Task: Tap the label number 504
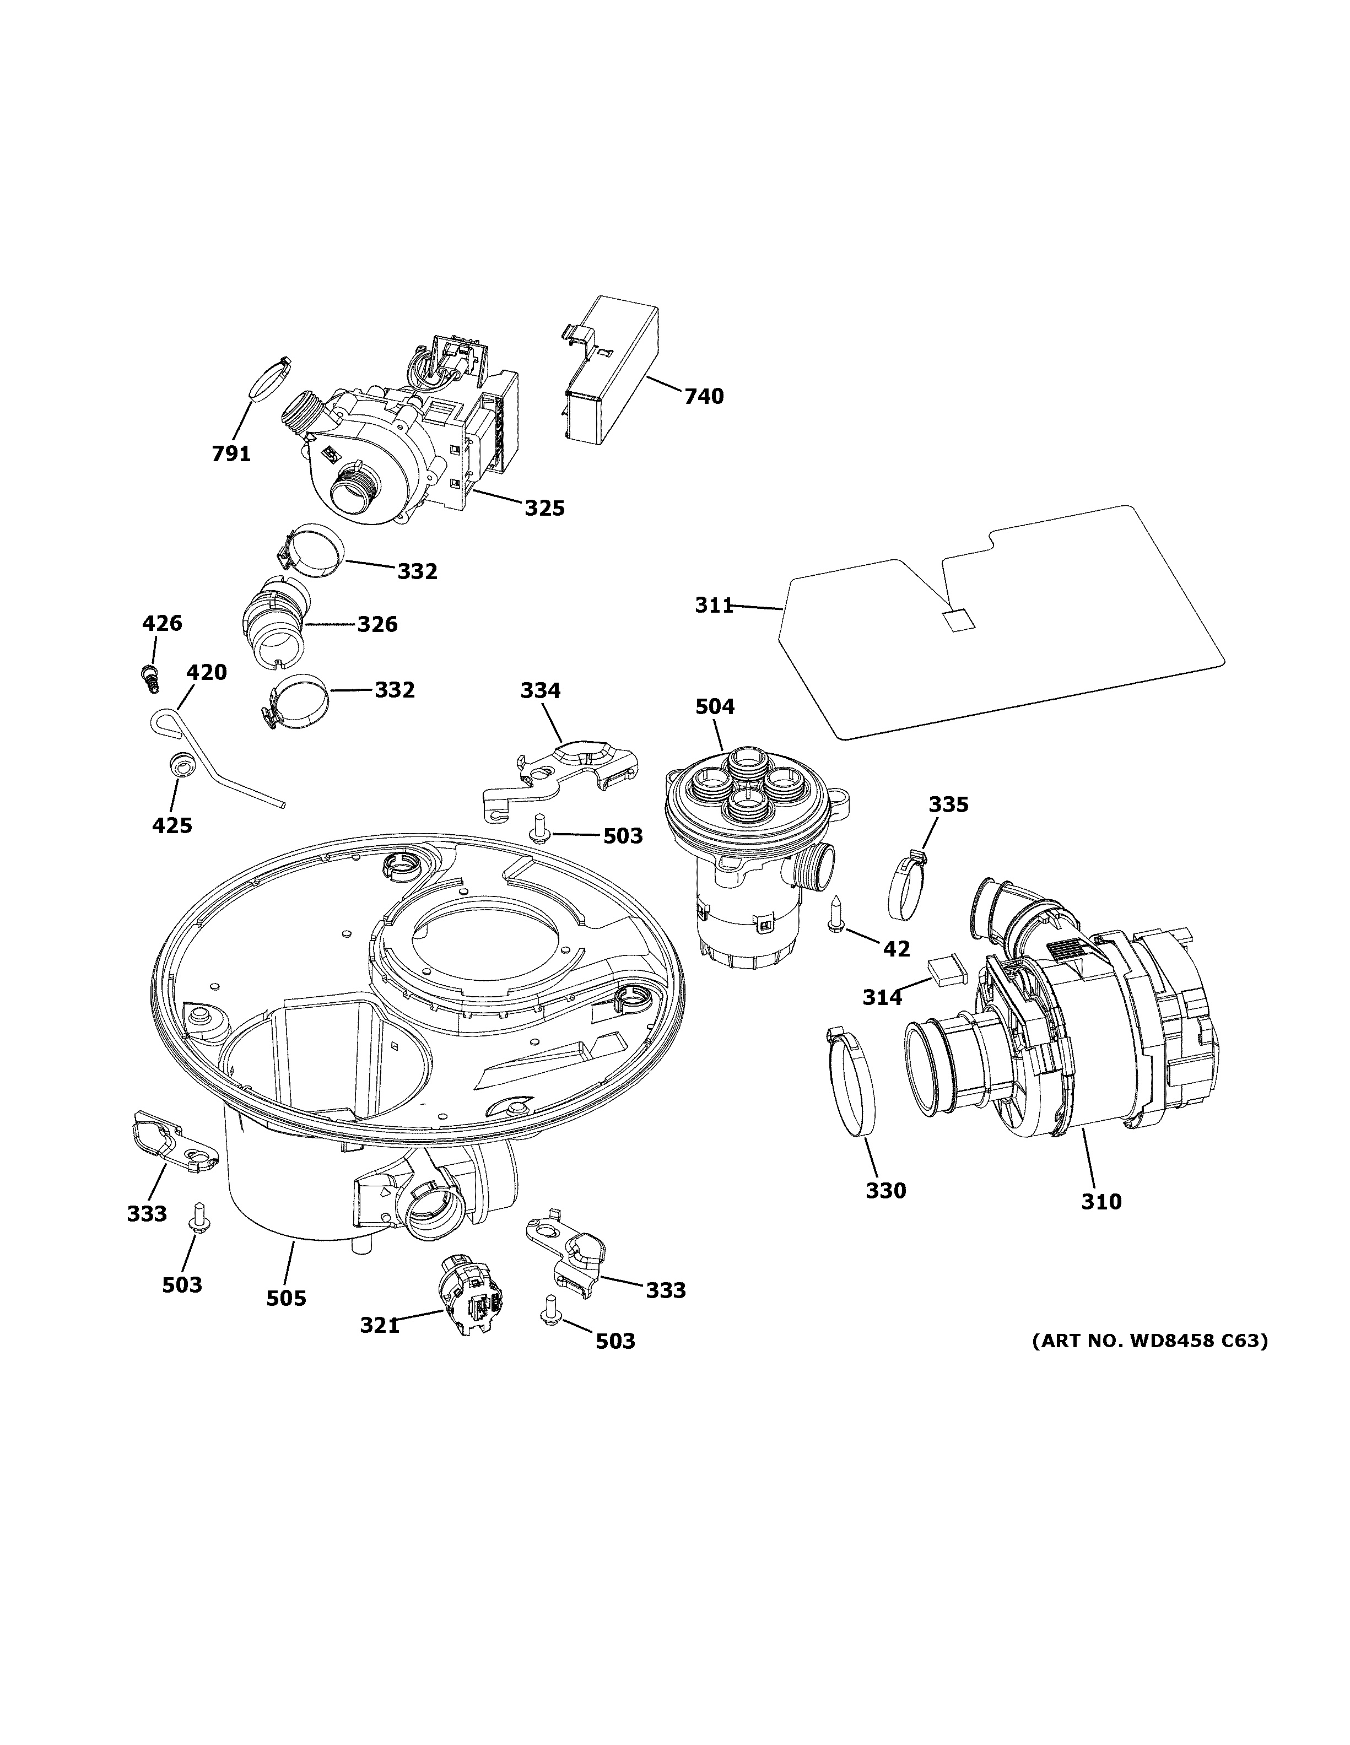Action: (x=715, y=706)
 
